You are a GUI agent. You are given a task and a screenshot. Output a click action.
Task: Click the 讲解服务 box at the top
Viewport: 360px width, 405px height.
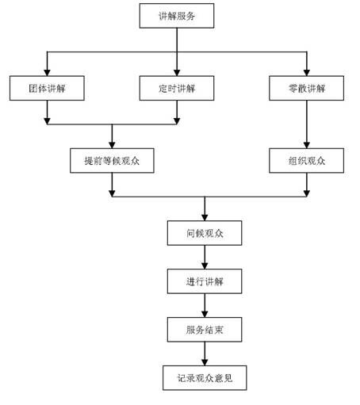177,16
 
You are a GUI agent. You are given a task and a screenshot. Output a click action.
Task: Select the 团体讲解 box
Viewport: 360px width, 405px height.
47,88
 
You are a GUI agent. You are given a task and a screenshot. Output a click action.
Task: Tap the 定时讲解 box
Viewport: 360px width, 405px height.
177,88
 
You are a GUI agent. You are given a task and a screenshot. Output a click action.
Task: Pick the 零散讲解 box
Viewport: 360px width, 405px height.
307,88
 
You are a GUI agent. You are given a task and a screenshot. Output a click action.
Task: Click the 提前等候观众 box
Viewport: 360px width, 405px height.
112,160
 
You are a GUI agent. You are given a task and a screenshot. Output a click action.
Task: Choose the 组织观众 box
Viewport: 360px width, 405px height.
307,160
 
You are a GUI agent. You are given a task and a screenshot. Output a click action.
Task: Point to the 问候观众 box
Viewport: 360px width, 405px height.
205,233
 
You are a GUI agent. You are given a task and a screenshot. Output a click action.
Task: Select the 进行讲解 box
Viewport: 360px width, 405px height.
205,281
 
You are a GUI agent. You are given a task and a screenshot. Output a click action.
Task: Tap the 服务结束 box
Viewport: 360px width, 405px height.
205,330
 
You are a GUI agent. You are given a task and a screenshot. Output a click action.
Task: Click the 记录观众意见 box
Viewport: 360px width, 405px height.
205,378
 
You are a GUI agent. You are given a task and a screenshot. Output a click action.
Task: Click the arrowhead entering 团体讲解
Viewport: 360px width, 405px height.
47,73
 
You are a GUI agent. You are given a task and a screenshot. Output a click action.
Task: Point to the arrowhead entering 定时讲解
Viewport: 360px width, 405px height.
177,73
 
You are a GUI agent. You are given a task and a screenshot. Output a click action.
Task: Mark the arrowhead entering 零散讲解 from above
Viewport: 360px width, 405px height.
307,73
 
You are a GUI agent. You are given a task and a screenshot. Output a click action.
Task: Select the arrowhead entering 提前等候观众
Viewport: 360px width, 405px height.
112,145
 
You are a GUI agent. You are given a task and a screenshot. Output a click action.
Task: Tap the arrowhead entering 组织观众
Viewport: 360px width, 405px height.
307,145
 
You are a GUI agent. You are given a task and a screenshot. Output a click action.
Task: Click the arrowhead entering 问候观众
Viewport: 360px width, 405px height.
205,218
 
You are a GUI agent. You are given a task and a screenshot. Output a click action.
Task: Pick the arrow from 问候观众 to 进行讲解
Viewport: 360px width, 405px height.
205,257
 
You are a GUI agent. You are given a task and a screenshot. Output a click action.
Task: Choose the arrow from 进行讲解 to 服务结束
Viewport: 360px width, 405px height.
205,305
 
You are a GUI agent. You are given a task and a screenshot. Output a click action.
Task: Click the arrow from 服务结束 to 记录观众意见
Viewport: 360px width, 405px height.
205,353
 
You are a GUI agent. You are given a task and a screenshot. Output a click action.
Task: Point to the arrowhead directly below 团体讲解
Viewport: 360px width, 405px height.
47,121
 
